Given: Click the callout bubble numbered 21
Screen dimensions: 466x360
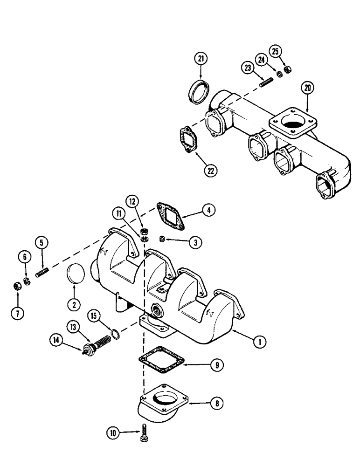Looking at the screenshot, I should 201,59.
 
